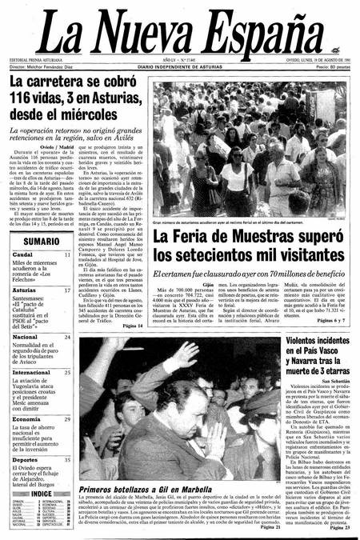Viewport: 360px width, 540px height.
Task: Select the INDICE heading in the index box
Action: [x=41, y=494]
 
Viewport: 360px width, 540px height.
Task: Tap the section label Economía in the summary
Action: [x=26, y=418]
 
